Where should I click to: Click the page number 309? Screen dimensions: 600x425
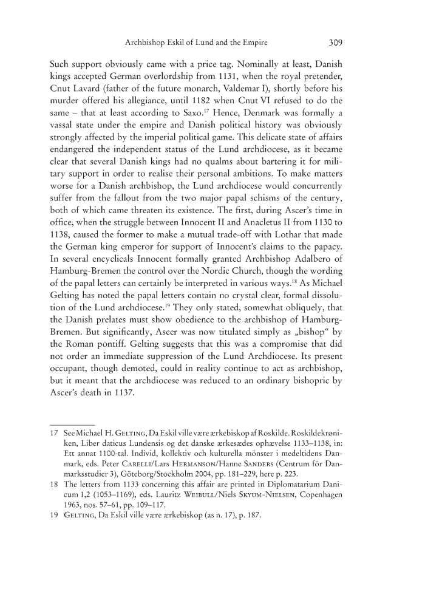tap(337, 43)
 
